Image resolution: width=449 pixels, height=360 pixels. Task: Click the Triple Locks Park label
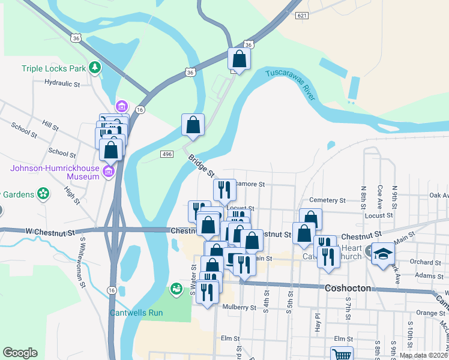click(54, 68)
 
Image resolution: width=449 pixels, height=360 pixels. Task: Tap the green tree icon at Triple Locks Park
click(95, 68)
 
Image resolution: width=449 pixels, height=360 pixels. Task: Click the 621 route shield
click(302, 16)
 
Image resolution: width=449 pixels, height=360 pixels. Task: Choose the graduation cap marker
click(383, 254)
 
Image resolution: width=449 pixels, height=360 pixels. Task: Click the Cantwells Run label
click(136, 313)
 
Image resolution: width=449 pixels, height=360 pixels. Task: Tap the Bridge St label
click(201, 166)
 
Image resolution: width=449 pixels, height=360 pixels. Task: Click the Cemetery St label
click(328, 200)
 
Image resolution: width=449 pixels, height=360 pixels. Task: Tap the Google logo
click(20, 353)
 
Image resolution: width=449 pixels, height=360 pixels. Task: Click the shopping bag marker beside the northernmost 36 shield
click(239, 60)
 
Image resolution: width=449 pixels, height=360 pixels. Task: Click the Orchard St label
click(426, 262)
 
